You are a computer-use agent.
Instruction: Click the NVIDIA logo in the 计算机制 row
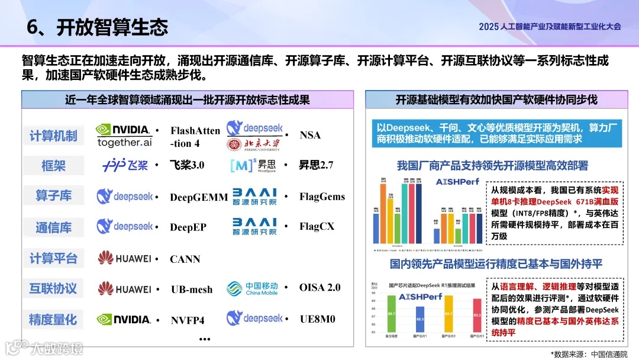pos(124,130)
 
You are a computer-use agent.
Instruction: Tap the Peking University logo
pos(254,144)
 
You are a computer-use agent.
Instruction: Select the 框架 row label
pos(53,166)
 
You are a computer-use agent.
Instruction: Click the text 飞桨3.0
pos(187,165)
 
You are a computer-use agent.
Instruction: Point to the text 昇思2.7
pos(316,165)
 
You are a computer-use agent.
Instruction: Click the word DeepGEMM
pos(199,197)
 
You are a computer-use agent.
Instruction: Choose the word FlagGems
pos(322,197)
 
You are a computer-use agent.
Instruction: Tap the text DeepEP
pos(188,227)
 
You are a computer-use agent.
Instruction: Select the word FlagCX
pos(317,226)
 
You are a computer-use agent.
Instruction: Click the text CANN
pos(185,259)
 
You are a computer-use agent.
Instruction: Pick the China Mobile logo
pos(252,288)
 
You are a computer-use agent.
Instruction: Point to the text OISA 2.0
pos(320,288)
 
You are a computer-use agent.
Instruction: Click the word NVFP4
pos(188,320)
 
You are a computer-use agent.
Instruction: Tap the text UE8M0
pos(317,319)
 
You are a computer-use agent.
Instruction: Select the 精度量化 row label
pos(53,320)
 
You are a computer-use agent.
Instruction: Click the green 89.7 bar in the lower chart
pos(391,317)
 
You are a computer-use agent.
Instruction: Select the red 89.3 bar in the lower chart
pos(477,319)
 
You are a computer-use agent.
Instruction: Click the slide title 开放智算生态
pos(112,27)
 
